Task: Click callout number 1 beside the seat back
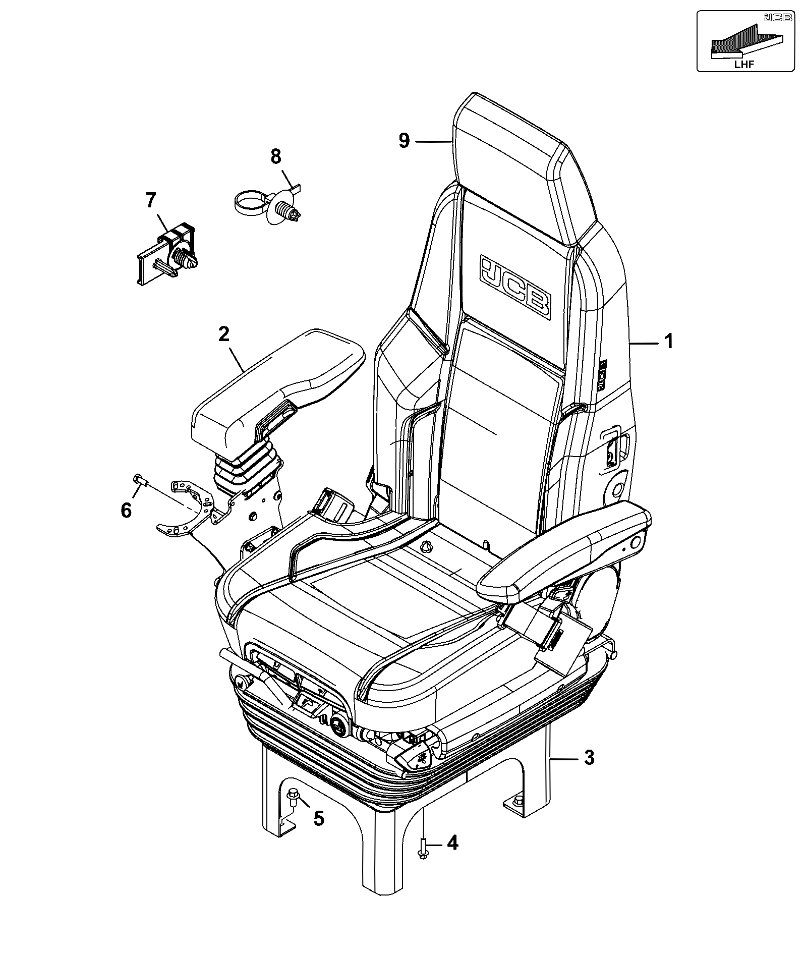point(668,342)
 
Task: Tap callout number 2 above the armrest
point(224,334)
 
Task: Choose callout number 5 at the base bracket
point(318,818)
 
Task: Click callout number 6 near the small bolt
point(126,510)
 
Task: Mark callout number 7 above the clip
point(151,200)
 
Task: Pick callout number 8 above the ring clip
point(275,156)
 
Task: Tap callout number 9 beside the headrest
point(404,140)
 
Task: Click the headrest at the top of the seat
point(522,166)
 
